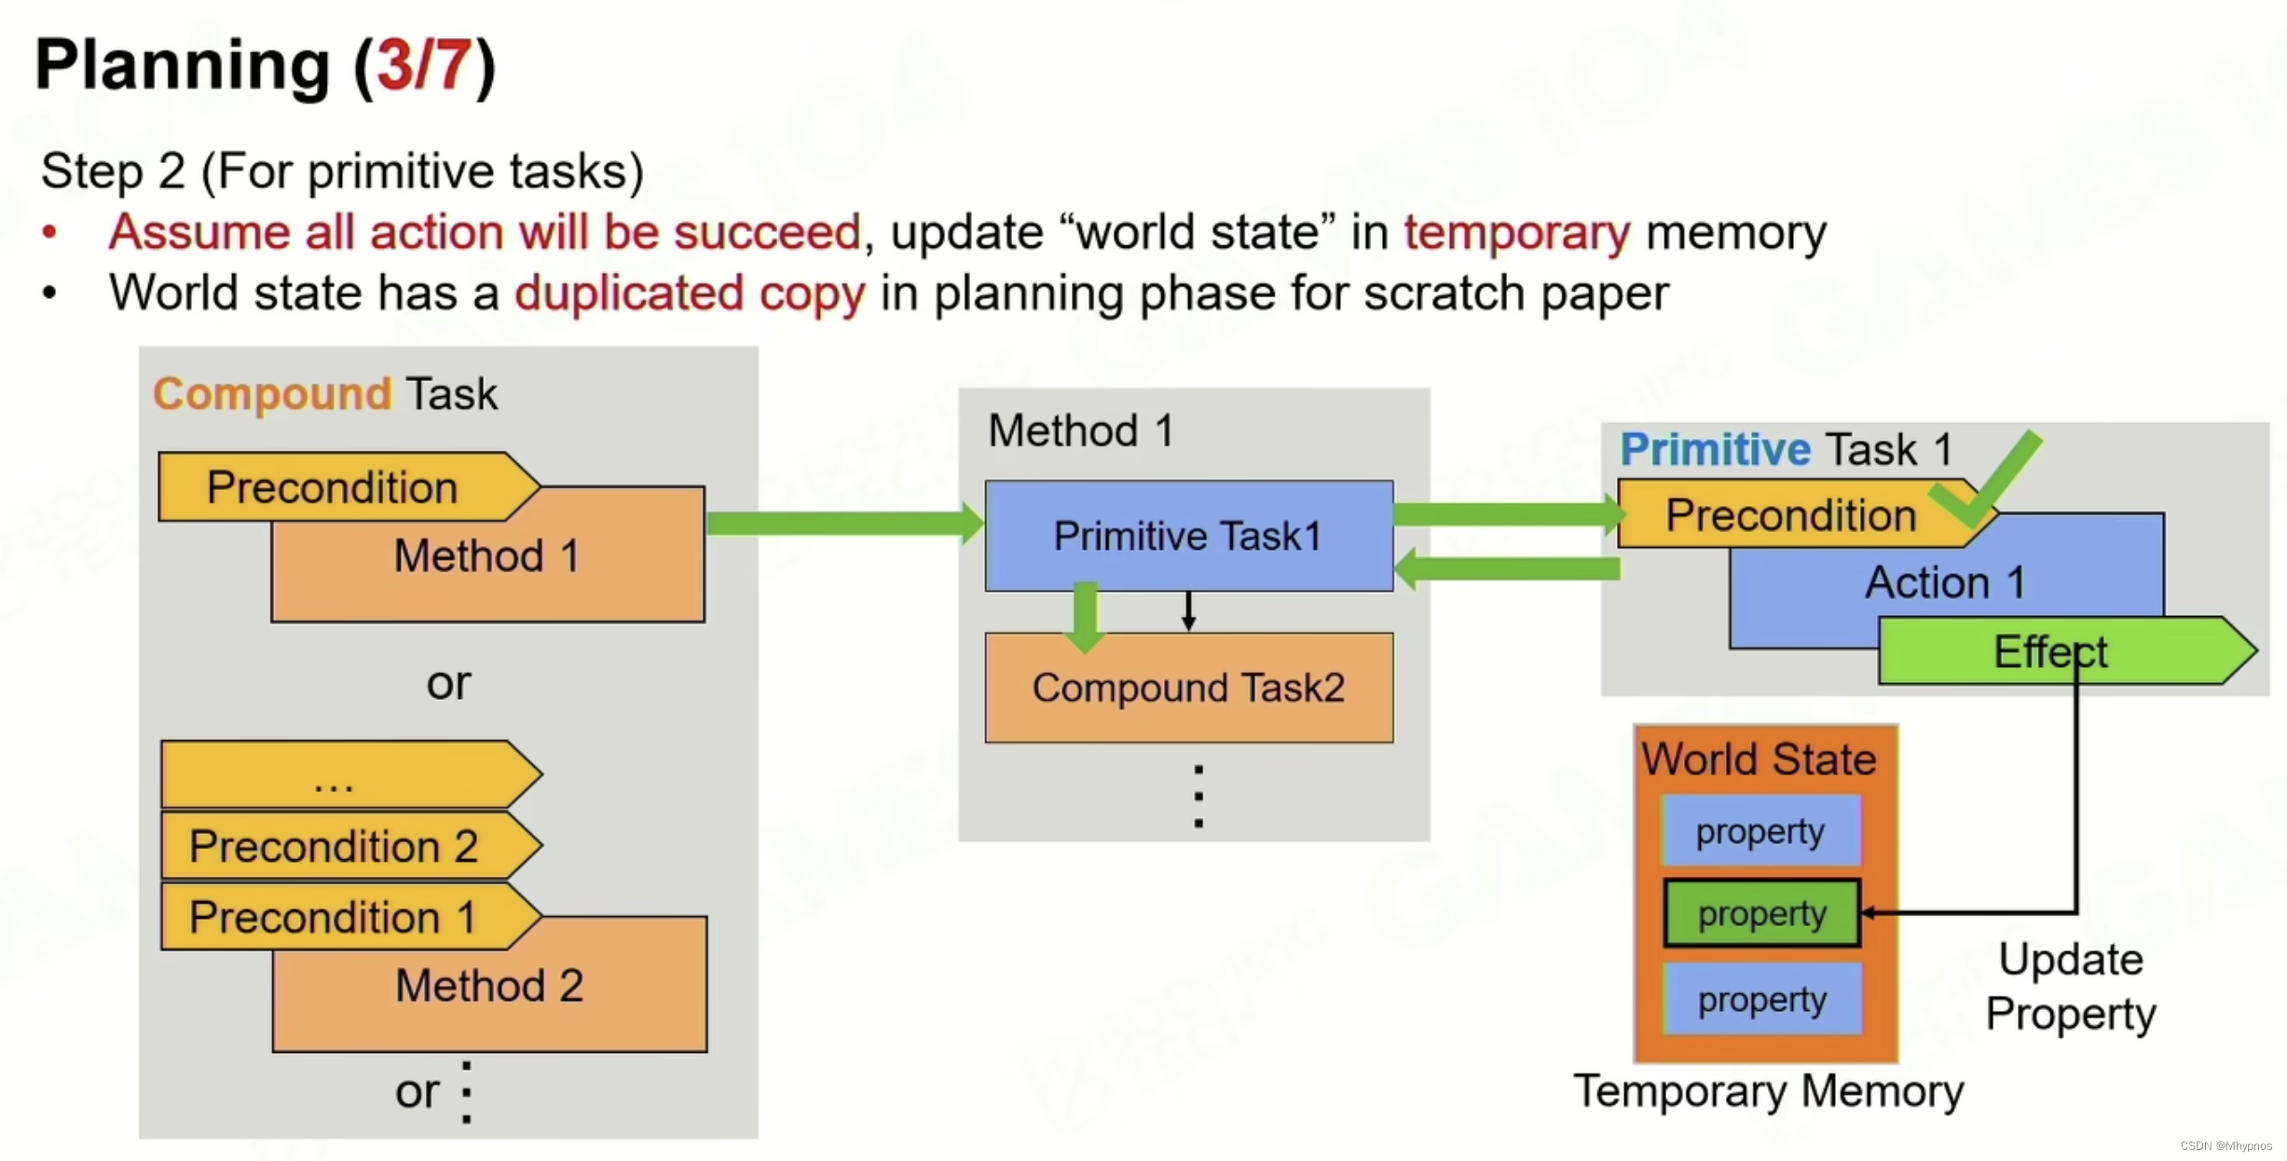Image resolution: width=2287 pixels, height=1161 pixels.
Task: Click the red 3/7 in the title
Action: click(x=424, y=65)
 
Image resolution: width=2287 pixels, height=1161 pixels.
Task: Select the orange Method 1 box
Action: click(x=487, y=568)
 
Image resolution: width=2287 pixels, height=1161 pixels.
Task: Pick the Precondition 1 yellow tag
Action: click(x=334, y=917)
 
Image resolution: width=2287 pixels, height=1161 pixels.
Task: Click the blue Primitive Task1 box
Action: click(x=1188, y=536)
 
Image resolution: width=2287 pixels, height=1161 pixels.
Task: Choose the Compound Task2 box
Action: click(x=1188, y=689)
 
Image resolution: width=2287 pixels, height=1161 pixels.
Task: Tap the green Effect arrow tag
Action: click(x=2050, y=651)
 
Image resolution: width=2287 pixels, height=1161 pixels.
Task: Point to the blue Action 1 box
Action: click(x=1945, y=583)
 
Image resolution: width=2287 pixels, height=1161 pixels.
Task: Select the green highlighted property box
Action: click(x=1761, y=913)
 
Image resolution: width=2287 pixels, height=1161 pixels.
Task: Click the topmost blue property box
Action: click(x=1760, y=830)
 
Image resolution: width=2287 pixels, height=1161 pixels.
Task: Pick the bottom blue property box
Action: click(x=1761, y=1000)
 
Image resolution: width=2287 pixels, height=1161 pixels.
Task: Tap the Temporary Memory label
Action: click(x=1768, y=1091)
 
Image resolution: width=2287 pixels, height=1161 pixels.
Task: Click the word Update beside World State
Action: click(x=2071, y=960)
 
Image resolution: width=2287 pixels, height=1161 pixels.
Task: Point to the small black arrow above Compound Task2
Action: click(x=1188, y=611)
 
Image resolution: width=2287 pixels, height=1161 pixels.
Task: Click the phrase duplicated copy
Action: click(x=690, y=294)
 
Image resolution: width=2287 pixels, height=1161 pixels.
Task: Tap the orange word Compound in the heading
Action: click(x=272, y=393)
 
